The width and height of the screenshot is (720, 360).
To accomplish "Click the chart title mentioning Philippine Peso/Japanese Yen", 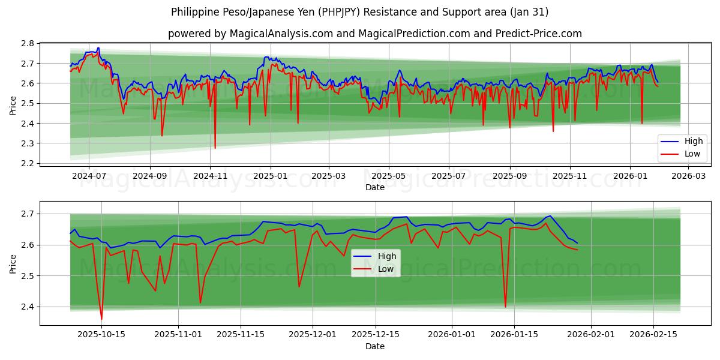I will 359,12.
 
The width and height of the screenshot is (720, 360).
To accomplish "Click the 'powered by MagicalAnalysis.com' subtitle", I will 374,34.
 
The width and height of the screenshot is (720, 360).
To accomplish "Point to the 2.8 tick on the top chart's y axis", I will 27,43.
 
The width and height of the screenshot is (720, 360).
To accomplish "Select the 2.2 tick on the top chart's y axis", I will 27,163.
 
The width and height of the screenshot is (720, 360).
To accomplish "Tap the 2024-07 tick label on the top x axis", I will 89,177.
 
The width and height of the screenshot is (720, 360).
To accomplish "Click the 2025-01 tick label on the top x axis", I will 270,177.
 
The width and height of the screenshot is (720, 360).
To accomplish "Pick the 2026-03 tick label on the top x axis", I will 688,177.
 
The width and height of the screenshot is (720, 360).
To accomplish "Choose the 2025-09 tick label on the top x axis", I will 509,177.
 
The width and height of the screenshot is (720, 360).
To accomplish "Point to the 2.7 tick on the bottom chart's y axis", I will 27,214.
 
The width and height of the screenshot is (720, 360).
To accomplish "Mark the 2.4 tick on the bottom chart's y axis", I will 27,307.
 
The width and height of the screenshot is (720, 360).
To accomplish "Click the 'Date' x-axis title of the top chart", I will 374,188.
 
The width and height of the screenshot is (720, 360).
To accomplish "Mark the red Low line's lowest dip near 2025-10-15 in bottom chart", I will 101,319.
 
